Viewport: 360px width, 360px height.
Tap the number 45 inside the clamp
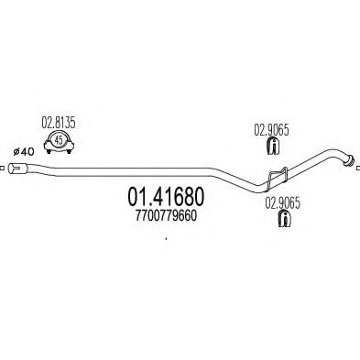click(x=57, y=139)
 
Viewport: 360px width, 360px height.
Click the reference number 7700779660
click(x=158, y=215)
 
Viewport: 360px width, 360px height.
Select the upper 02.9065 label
click(x=270, y=130)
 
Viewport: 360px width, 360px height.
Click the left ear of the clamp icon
click(x=42, y=143)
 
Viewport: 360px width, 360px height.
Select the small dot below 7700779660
click(x=165, y=241)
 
